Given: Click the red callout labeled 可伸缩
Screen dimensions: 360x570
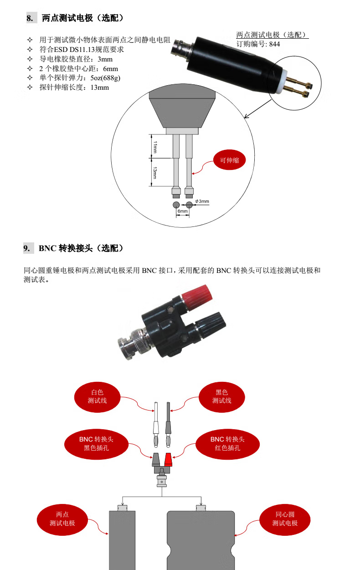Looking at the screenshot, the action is [229, 160].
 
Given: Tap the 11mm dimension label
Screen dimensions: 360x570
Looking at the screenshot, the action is [155, 147].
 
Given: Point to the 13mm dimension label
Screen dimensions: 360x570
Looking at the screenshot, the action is [155, 173].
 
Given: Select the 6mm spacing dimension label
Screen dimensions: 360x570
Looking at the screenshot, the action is [182, 211].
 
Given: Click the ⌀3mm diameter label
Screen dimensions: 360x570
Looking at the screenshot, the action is [202, 201].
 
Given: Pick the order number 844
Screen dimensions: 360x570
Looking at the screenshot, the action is [274, 44].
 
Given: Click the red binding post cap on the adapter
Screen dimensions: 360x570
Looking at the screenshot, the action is [197, 296].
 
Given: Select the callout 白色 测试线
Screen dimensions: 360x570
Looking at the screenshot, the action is [97, 397].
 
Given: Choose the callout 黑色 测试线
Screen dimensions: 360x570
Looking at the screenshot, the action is [221, 397].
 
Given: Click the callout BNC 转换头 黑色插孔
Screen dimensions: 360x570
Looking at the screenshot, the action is [96, 444].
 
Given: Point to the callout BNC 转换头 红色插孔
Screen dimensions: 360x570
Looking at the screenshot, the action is [227, 444].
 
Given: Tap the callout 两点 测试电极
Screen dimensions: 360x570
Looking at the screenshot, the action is [62, 519].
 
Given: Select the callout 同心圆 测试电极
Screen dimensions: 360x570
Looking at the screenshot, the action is [285, 519].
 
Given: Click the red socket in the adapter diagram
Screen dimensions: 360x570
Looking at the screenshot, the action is [168, 460].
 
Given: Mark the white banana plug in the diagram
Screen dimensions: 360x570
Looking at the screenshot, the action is [156, 424].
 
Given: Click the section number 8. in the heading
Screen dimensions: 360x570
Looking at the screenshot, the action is [30, 18].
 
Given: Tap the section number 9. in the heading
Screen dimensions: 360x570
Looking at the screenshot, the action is [27, 248].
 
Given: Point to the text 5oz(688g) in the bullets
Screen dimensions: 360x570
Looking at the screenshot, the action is [105, 78].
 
